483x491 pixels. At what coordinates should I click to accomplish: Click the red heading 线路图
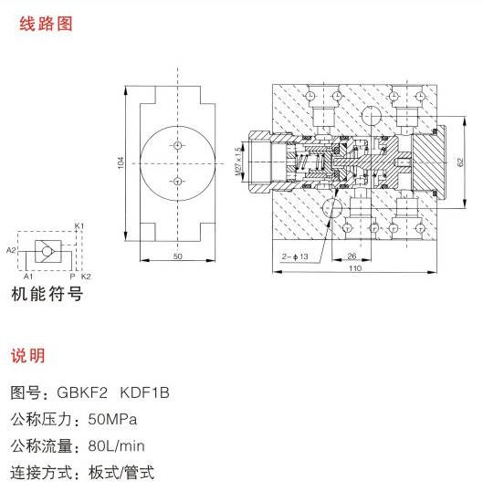click(46, 24)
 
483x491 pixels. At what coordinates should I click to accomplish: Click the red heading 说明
click(28, 355)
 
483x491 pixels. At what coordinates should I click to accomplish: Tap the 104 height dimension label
click(121, 162)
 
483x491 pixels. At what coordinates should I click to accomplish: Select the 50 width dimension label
click(178, 256)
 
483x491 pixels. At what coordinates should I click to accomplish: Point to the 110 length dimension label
click(355, 268)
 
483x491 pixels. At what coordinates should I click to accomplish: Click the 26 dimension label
click(352, 256)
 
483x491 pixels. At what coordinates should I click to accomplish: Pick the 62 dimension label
click(460, 162)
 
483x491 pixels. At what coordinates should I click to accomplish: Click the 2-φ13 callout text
click(295, 256)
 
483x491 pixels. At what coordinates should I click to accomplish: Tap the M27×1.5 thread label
click(239, 161)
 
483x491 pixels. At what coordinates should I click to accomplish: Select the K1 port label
click(79, 225)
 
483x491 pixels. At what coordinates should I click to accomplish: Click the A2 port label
click(11, 250)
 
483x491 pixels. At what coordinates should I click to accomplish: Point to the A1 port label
click(28, 277)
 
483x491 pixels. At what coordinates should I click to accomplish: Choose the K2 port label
click(86, 277)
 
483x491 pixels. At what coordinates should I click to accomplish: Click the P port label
click(72, 277)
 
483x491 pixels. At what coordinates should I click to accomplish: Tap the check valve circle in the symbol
click(47, 251)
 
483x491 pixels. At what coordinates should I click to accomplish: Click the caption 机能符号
click(47, 294)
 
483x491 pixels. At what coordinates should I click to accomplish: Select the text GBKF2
click(82, 392)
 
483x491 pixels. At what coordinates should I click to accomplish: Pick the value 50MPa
click(112, 419)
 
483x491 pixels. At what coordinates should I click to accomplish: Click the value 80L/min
click(116, 445)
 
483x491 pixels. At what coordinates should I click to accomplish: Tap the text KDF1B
click(144, 392)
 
